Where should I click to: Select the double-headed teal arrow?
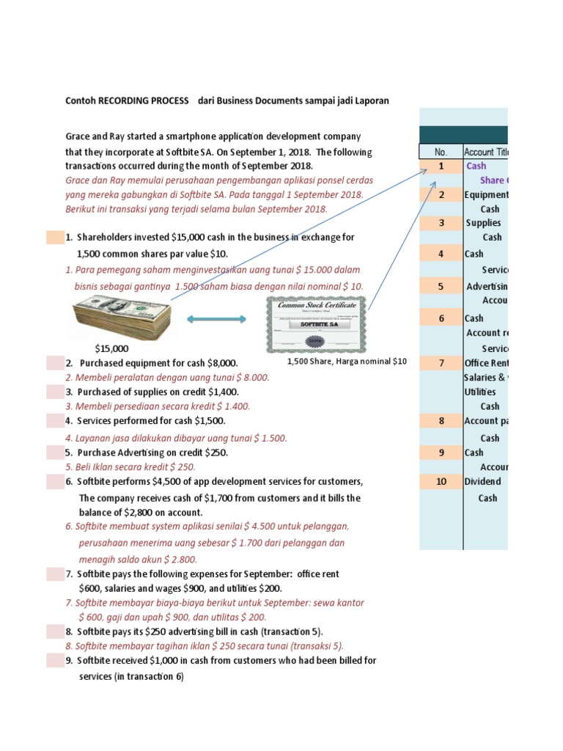(x=216, y=319)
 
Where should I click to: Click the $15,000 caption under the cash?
(x=111, y=348)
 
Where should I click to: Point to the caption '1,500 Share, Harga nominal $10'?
(x=347, y=362)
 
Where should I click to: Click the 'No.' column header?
(x=441, y=152)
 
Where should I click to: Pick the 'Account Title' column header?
(x=486, y=152)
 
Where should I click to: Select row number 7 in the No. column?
(x=441, y=363)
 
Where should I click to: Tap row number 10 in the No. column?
(x=441, y=481)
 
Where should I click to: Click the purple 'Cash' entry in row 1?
(x=476, y=166)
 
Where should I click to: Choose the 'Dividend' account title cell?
(x=483, y=481)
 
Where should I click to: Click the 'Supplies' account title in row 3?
(x=484, y=222)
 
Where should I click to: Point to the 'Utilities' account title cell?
(x=480, y=392)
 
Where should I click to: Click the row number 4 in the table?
(x=441, y=254)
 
